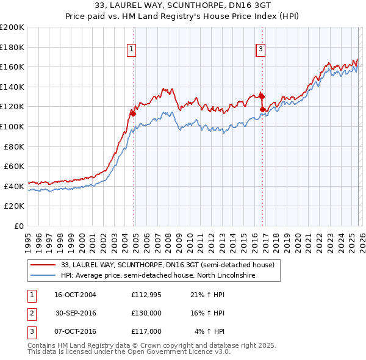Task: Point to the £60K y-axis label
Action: tap(13, 166)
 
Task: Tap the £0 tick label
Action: tap(18, 226)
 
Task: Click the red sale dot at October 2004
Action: tap(133, 113)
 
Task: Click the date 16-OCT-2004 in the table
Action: tap(75, 295)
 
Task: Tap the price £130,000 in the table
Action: tap(146, 313)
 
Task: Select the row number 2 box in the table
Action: tap(30, 313)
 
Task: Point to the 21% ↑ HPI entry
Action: tap(207, 295)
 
